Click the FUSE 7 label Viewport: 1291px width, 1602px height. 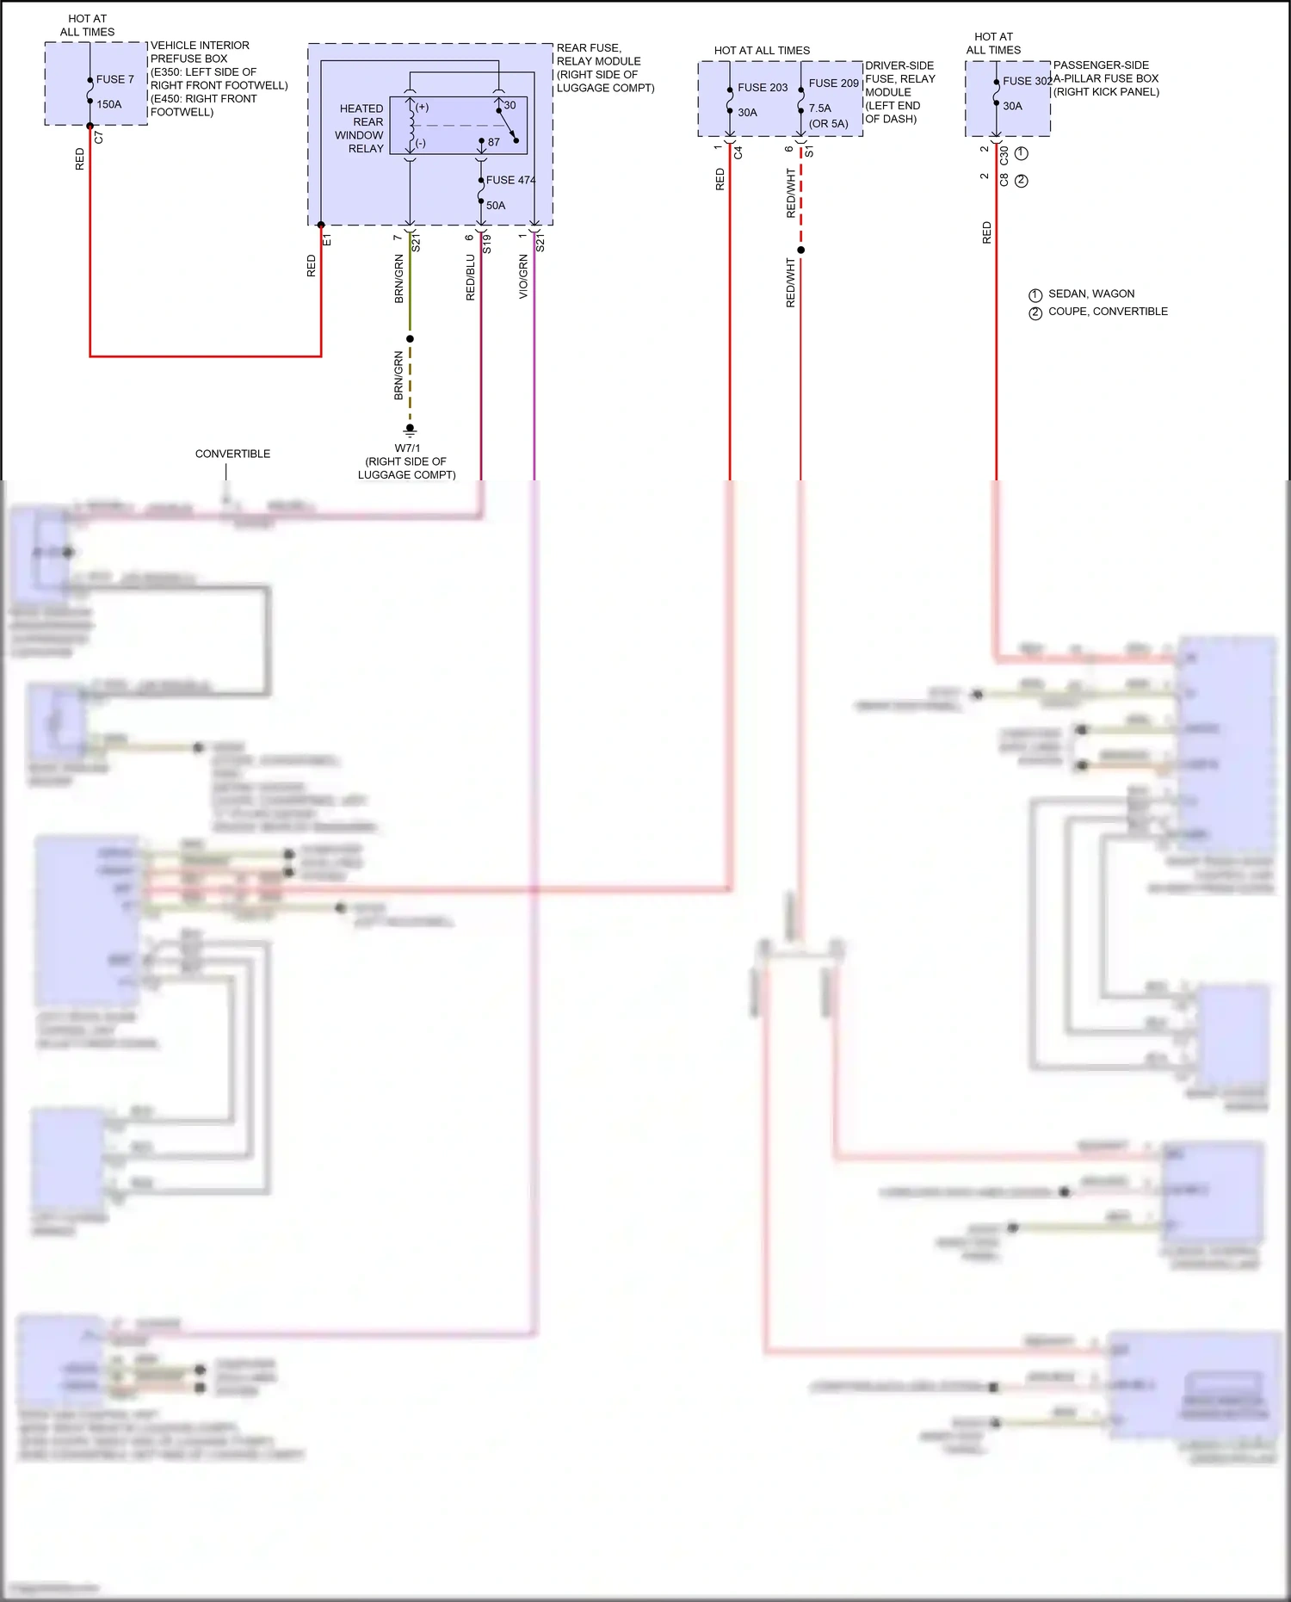coord(114,79)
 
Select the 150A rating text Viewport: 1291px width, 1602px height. coord(109,104)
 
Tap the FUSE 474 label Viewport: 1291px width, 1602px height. coord(510,180)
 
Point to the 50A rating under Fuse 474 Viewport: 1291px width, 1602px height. coord(496,206)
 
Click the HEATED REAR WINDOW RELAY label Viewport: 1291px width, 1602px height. coord(361,128)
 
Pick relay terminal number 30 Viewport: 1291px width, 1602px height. coord(510,105)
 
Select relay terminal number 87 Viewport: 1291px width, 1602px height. coord(494,142)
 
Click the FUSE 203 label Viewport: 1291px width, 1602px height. coord(763,88)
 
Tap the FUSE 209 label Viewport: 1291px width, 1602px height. coord(833,84)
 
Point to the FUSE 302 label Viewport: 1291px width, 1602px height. coord(1027,81)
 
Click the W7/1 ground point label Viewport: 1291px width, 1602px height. coord(407,448)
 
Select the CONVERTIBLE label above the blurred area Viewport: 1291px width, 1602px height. coord(232,454)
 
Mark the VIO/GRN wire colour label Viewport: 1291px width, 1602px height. coord(523,276)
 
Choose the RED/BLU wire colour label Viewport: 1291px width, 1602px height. coord(470,276)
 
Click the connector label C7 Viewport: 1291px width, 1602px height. coord(99,138)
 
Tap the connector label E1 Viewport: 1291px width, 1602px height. coord(327,240)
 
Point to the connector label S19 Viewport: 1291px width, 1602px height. coord(487,243)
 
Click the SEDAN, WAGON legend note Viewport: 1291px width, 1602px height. coord(1090,294)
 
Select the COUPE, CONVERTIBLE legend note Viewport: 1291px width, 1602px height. coord(1108,312)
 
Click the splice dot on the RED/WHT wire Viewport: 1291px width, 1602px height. coord(800,251)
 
